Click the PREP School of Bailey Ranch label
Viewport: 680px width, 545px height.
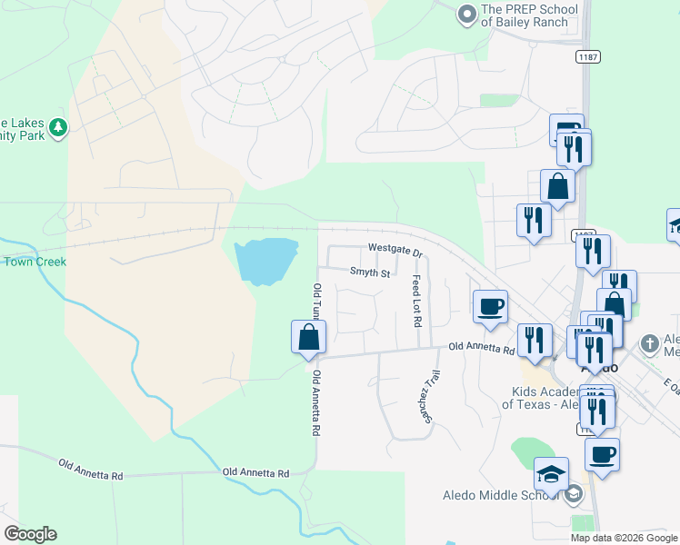[529, 15]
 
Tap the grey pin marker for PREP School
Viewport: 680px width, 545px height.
[467, 15]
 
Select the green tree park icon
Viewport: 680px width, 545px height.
[58, 127]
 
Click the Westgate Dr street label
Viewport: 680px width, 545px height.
[395, 249]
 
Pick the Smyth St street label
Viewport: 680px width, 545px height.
[369, 272]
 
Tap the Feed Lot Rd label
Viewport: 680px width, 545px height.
[416, 302]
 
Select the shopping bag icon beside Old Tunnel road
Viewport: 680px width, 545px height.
[309, 337]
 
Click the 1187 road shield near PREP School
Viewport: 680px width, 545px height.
[585, 57]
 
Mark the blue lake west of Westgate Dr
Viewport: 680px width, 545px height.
[265, 261]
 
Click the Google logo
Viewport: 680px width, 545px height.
[30, 534]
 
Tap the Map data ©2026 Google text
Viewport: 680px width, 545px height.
[624, 538]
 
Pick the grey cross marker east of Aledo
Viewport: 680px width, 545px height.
[649, 344]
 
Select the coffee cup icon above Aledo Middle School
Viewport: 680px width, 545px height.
[601, 454]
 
